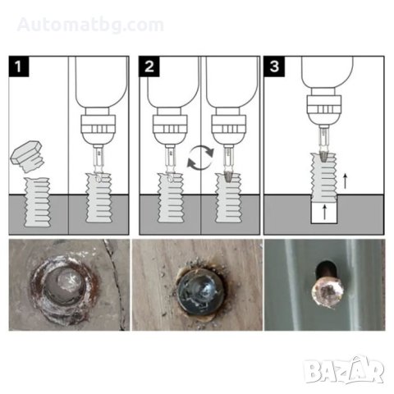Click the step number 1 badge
19,66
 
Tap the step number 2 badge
149,66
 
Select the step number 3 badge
274,66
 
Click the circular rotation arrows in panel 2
200,158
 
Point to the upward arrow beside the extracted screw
346,181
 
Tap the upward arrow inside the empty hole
325,212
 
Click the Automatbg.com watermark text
90,25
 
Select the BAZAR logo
343,369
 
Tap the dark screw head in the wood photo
200,291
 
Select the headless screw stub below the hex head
37,202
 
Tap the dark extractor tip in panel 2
227,176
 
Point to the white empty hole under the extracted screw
324,211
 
